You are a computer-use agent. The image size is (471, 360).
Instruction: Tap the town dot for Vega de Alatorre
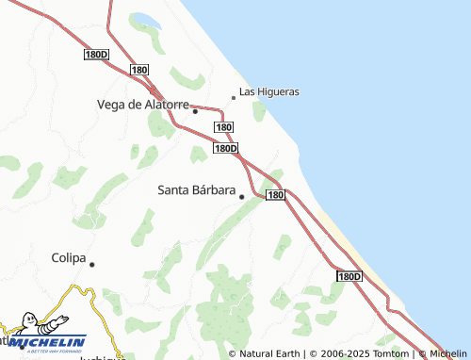click(195, 110)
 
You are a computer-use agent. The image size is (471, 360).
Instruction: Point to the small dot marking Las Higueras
click(234, 97)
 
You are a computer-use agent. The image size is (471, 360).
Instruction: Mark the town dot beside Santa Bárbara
click(241, 196)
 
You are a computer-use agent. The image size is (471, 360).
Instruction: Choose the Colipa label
click(68, 257)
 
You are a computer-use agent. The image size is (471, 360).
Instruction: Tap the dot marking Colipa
click(92, 264)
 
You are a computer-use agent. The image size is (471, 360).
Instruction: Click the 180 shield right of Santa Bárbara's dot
click(274, 195)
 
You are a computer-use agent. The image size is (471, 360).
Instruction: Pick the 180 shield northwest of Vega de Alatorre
click(139, 70)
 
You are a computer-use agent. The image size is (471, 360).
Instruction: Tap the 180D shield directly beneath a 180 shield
click(225, 148)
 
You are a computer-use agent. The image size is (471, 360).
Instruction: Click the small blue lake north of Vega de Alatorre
click(146, 21)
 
